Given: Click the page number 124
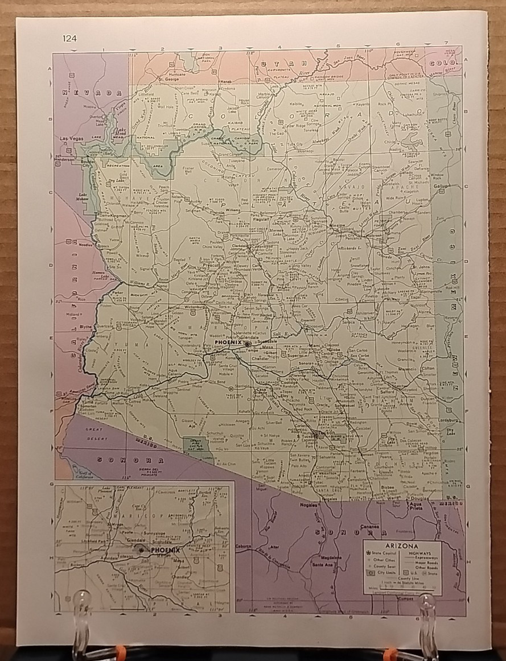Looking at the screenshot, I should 70,39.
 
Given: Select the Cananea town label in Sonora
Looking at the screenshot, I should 369,527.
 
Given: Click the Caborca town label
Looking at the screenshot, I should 244,546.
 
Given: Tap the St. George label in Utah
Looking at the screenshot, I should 168,79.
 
